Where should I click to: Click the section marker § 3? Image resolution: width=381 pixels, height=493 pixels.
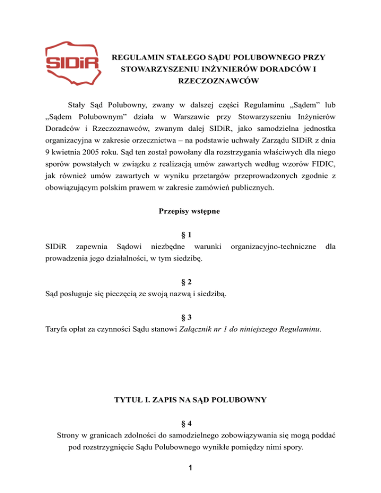coord(191,316)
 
